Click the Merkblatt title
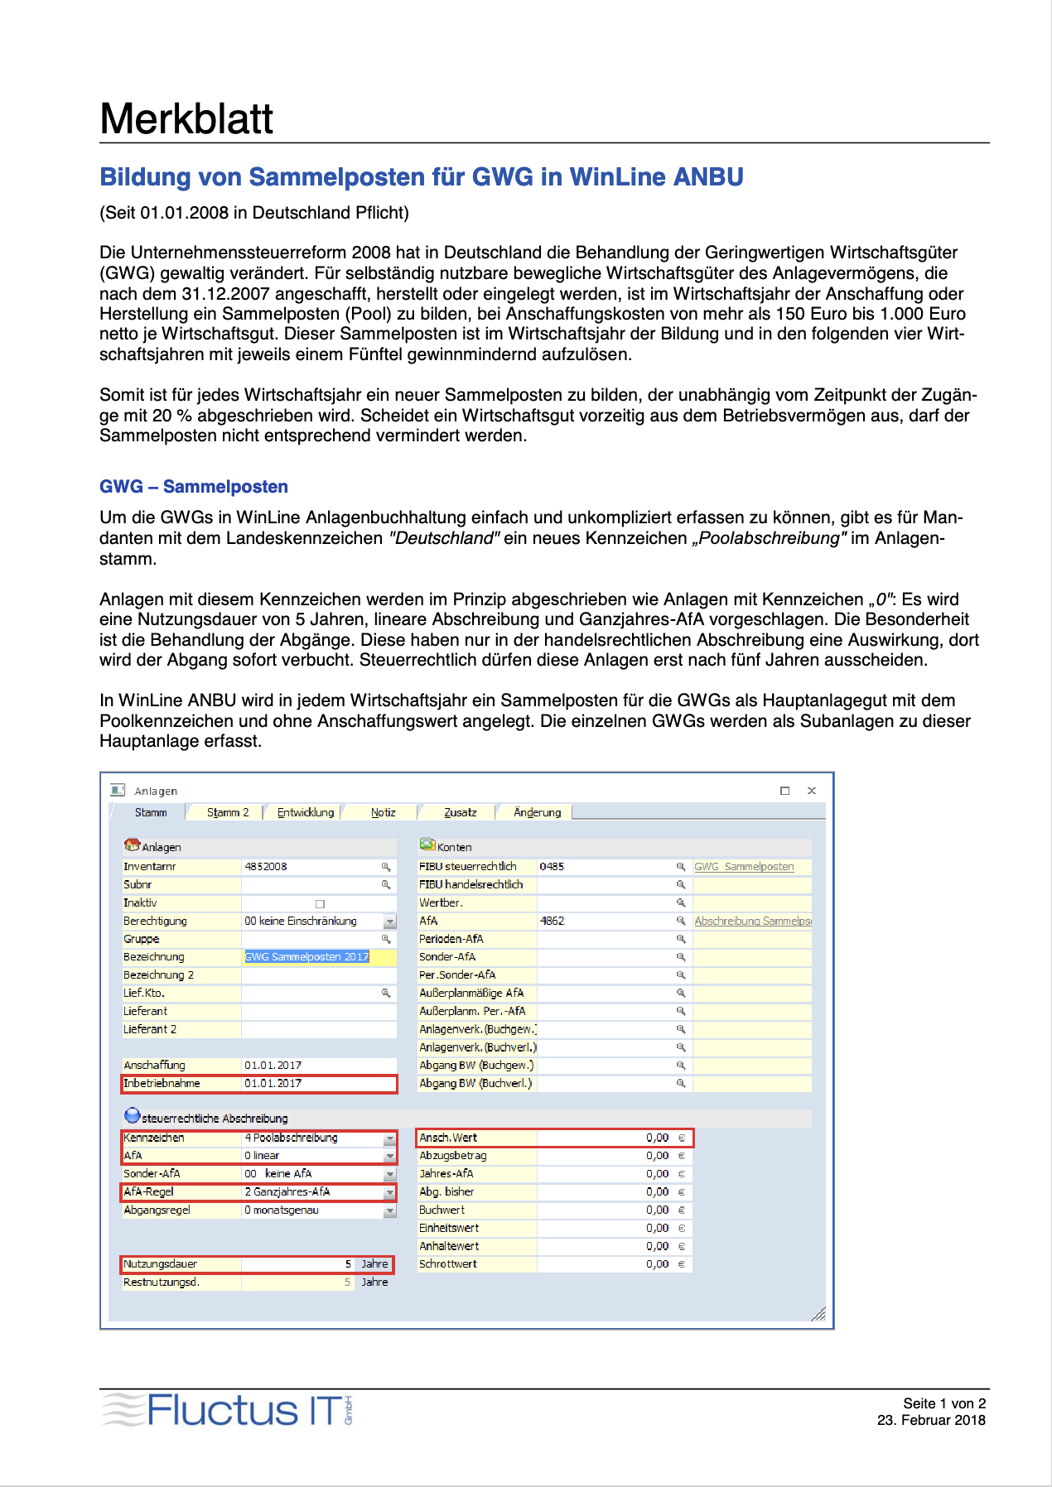pos(186,119)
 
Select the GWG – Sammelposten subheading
pos(194,487)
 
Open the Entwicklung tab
pos(306,812)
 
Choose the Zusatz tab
pos(461,812)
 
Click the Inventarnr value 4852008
pos(266,867)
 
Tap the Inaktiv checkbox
pos(320,903)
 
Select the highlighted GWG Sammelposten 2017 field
pos(306,957)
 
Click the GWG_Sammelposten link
pos(744,867)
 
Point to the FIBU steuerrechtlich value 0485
pos(552,867)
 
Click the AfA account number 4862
pos(552,921)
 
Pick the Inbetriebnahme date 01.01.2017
pos(273,1083)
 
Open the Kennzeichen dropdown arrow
pos(389,1138)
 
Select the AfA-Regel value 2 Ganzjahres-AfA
pos(287,1192)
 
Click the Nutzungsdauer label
pos(161,1264)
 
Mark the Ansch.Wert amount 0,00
pos(657,1138)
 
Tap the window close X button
pos(812,791)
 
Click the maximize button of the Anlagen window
pos(784,791)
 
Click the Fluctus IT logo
pos(228,1410)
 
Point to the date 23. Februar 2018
pos(931,1421)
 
